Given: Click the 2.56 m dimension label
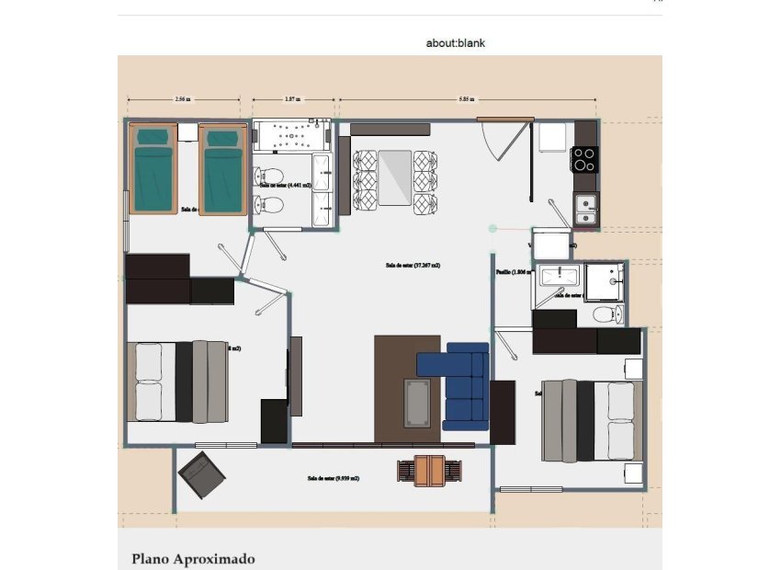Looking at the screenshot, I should pos(182,98).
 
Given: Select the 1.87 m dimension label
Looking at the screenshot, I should pos(291,98).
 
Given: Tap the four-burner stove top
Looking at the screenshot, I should pos(584,159).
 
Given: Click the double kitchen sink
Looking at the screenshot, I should pos(584,210).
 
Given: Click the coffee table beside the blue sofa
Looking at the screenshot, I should pos(416,403).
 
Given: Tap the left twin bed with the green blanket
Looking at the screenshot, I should pos(153,169).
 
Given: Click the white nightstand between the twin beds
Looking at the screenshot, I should pos(188,132).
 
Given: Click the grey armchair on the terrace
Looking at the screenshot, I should pos(201,475).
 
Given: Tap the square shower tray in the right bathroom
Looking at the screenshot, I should pos(604,282).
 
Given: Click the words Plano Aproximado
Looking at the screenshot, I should pos(193,558).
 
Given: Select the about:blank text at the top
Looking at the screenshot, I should pos(455,42).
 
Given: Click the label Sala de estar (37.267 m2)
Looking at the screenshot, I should pos(413,265).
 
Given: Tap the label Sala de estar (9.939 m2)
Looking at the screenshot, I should pos(334,478).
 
